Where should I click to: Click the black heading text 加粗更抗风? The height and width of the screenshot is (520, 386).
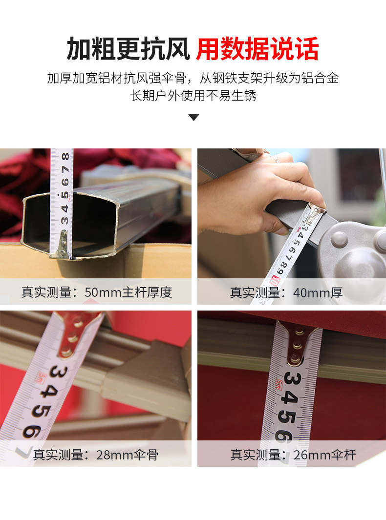coord(128,49)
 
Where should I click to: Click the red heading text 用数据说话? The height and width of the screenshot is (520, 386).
coord(257,49)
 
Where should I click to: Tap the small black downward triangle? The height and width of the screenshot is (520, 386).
coord(193,117)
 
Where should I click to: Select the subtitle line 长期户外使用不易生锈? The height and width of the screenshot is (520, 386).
coord(193,96)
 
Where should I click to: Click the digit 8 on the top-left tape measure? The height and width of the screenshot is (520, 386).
coord(65,157)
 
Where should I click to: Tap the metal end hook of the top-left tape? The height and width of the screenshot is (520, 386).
coord(62,246)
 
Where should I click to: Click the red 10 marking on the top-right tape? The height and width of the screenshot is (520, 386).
coord(275,281)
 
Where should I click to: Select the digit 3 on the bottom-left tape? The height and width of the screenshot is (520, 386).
coord(59,372)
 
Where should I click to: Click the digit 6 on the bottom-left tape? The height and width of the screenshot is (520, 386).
coord(32,432)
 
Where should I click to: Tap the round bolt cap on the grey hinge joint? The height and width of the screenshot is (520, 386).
coord(340,239)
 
